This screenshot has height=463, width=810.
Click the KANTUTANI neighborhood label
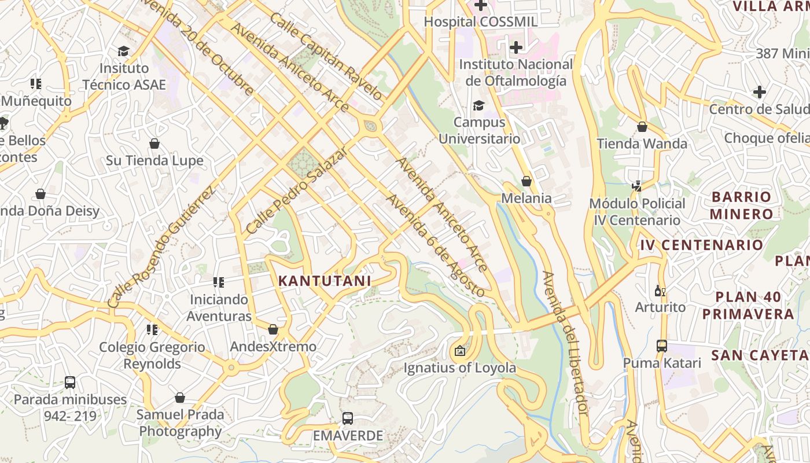click(x=324, y=281)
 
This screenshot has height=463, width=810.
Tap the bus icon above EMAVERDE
click(x=347, y=418)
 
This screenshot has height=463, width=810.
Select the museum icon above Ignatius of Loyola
click(x=459, y=351)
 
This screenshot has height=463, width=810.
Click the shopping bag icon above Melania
click(x=526, y=181)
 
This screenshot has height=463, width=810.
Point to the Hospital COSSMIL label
click(x=481, y=22)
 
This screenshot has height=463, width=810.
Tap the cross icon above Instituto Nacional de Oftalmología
click(x=516, y=47)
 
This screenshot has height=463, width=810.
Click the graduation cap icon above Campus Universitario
click(x=478, y=105)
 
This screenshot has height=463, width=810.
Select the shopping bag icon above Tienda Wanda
click(x=642, y=127)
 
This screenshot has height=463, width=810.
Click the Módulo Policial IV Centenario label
click(x=637, y=212)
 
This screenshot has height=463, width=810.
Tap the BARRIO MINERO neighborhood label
click(x=741, y=205)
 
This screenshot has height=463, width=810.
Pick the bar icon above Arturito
click(x=660, y=291)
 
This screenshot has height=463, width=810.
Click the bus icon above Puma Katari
click(x=661, y=346)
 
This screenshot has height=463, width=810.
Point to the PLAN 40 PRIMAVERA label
click(x=748, y=306)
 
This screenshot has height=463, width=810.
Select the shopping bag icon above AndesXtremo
click(x=273, y=330)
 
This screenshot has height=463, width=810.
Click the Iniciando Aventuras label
click(x=219, y=308)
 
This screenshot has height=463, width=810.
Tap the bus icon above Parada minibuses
click(x=70, y=383)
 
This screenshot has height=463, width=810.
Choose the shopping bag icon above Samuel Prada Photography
click(x=180, y=398)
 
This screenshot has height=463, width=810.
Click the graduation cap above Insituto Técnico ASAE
click(x=123, y=52)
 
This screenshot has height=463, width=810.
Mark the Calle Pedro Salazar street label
click(x=296, y=190)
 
